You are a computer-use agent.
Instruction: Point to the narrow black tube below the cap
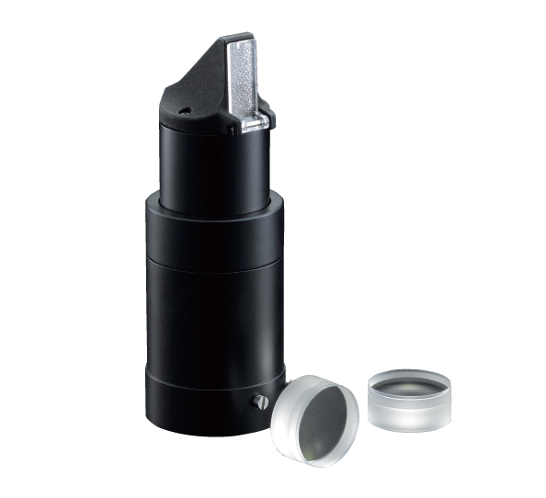(212, 165)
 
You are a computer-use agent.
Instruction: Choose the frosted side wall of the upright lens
(409, 413)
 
